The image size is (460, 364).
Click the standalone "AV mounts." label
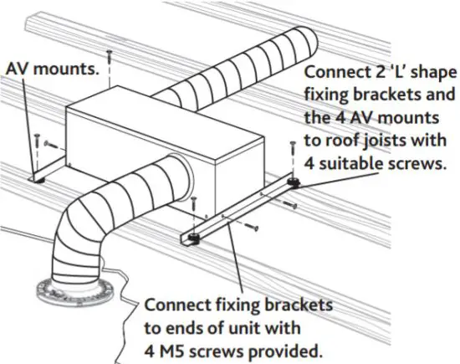coord(52,69)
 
